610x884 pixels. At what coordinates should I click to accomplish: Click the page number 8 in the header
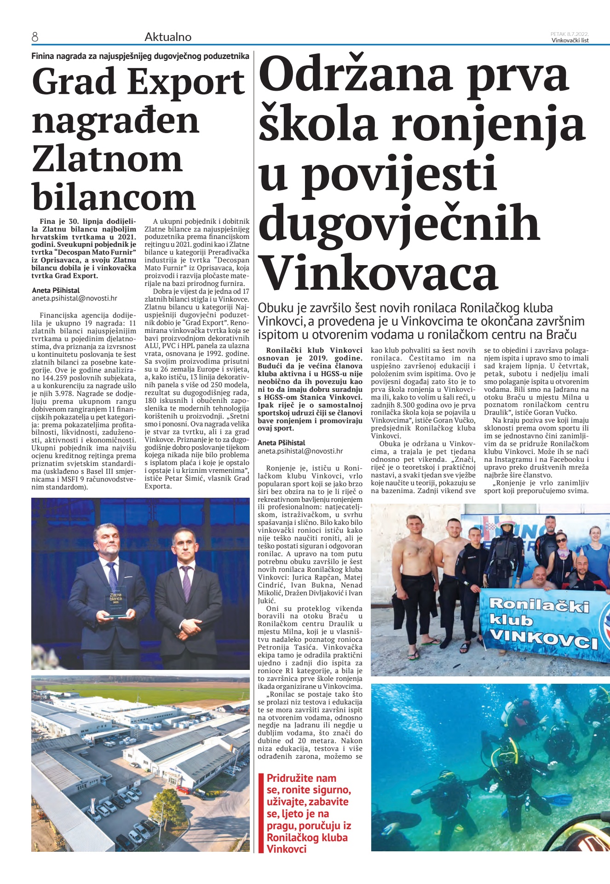[x=35, y=37]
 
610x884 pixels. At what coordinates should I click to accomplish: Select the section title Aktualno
[x=168, y=37]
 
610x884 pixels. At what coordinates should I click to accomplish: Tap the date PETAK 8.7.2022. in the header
[x=570, y=34]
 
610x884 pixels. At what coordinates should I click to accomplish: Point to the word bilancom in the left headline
[x=114, y=198]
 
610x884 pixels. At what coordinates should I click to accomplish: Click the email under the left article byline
[x=75, y=298]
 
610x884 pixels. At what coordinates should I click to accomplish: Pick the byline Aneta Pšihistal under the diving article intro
[x=281, y=443]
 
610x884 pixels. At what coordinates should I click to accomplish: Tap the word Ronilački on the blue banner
[x=539, y=605]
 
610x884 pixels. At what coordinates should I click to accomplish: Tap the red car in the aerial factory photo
[x=184, y=790]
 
